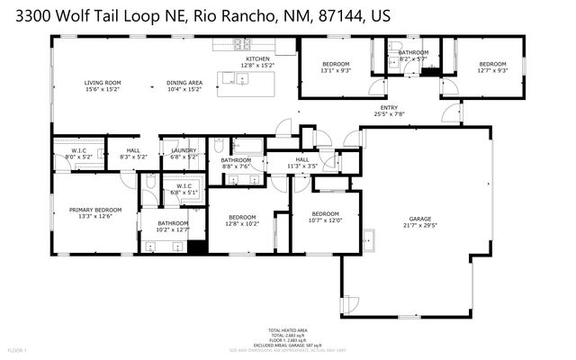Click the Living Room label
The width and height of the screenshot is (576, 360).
103,85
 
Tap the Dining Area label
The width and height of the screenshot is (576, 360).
183,85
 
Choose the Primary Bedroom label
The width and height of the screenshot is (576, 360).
94,212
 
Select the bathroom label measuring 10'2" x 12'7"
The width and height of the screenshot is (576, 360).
173,226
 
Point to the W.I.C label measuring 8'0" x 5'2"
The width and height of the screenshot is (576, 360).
78,154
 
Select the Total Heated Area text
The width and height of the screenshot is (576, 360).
287,331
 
